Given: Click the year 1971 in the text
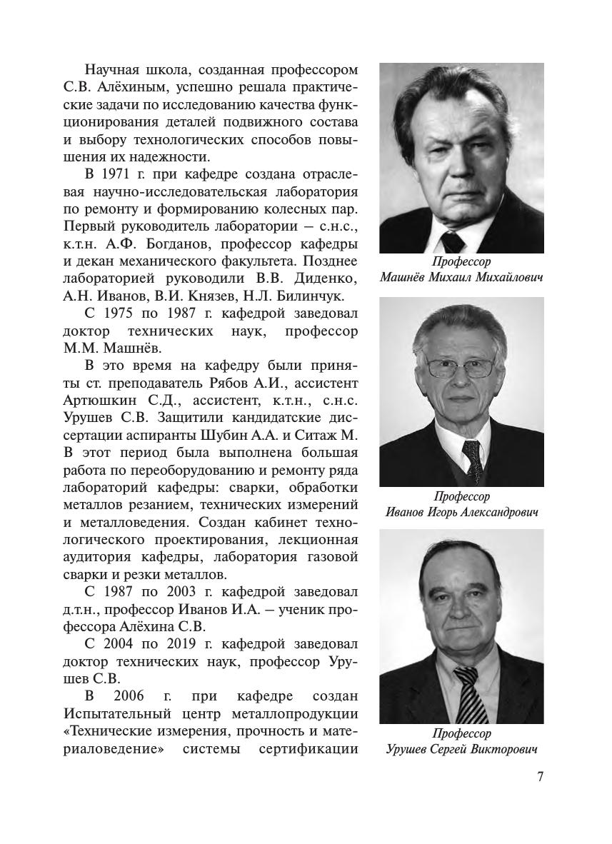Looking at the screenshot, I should (x=118, y=175).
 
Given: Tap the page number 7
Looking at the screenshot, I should (x=540, y=777).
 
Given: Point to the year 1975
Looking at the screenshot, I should (x=118, y=313).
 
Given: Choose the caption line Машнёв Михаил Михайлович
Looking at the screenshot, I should (x=461, y=276).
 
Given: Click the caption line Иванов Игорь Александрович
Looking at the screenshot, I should (x=461, y=512).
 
